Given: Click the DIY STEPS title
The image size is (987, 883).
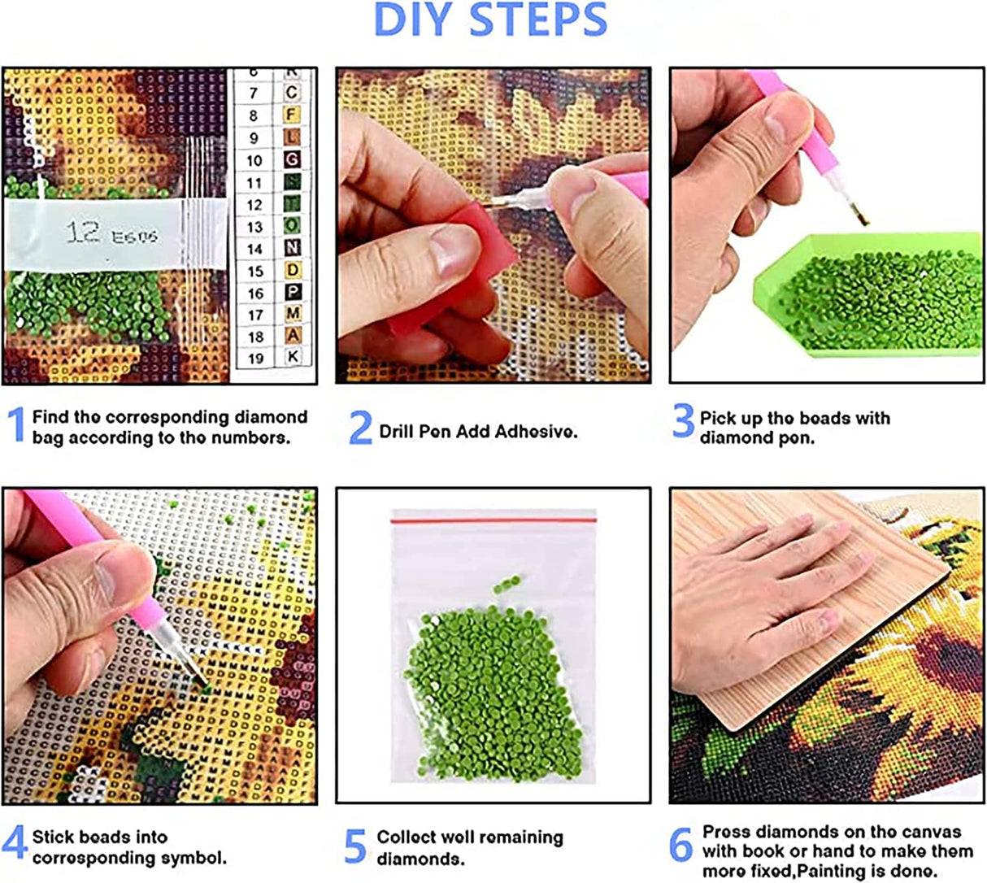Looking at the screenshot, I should (x=490, y=20).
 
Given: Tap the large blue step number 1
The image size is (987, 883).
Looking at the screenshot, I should (x=15, y=426).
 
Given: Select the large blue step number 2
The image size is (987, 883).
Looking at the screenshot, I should (x=359, y=428).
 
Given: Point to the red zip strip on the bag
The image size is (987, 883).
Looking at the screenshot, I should (x=493, y=517).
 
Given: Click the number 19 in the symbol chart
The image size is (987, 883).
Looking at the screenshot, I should (x=255, y=359).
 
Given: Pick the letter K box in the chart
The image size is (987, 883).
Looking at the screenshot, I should (x=292, y=356).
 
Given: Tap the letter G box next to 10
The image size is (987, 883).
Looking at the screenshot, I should (x=292, y=160).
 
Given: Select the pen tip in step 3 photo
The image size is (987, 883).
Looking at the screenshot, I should (x=860, y=215).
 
